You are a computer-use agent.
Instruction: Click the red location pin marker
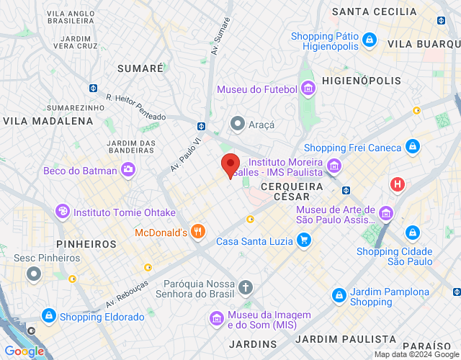(x=230, y=166)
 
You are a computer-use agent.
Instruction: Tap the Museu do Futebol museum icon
(x=308, y=89)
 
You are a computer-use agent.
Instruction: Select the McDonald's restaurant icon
(x=199, y=232)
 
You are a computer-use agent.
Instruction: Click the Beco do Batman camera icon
(x=128, y=168)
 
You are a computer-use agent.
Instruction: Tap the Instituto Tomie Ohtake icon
(x=63, y=212)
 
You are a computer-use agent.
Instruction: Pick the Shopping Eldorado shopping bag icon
(x=48, y=315)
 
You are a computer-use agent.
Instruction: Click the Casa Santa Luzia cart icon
(x=304, y=240)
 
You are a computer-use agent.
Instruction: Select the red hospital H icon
(x=397, y=184)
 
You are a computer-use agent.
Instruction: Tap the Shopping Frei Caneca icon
(x=412, y=147)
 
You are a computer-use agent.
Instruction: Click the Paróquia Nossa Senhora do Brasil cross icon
(x=246, y=287)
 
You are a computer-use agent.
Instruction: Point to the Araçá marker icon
(x=237, y=124)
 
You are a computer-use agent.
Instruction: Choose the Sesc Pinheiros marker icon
(x=33, y=274)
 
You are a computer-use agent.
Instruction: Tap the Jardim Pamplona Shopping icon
(x=339, y=295)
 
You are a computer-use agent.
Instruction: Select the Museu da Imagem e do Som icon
(x=216, y=318)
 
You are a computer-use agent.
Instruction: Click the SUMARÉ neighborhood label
(x=140, y=68)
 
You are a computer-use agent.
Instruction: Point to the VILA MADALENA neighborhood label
(x=48, y=121)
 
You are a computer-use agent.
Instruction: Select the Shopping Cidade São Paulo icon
(x=412, y=233)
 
